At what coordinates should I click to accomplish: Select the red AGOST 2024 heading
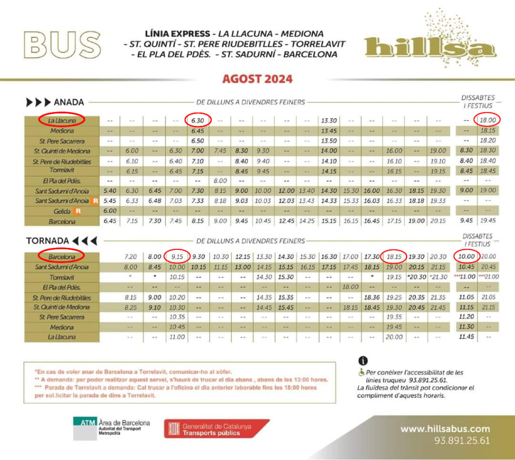tap(257, 79)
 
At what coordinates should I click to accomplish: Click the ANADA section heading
tap(55, 102)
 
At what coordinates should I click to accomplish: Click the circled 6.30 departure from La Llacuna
tap(198, 120)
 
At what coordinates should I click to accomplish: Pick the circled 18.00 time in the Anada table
tap(487, 120)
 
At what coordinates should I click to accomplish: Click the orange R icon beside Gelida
tap(77, 211)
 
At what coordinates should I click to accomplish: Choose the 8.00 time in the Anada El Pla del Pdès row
tap(220, 180)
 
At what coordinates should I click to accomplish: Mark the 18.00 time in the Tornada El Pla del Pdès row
tap(349, 287)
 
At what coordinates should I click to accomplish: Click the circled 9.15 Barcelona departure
tap(177, 256)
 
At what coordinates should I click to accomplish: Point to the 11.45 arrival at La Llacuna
tap(467, 337)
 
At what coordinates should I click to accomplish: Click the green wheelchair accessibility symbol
tap(361, 373)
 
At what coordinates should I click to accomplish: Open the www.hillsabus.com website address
tap(445, 429)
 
